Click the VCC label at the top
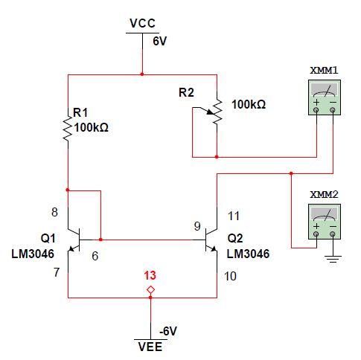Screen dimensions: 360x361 [141, 23]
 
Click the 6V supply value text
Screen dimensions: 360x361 [159, 42]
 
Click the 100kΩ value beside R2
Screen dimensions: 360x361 [249, 105]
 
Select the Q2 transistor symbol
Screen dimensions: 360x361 [211, 240]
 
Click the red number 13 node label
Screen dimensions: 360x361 [150, 274]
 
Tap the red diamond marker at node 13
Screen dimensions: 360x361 [150, 289]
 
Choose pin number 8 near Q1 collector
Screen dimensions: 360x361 [54, 212]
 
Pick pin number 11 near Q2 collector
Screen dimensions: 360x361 [233, 216]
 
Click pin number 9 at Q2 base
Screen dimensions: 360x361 [197, 226]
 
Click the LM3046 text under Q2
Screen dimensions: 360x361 [248, 254]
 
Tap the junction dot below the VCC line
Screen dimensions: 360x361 [141, 74]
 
